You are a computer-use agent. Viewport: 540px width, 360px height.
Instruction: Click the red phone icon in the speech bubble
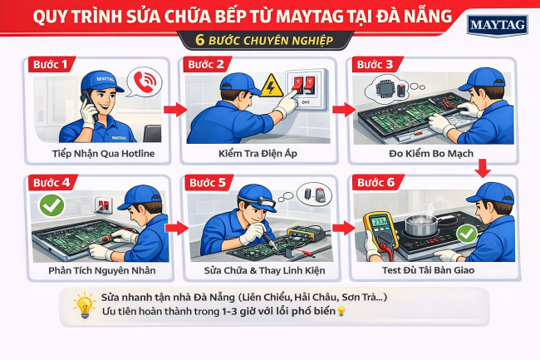coord(143,81)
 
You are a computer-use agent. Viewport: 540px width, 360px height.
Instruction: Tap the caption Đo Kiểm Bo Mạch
coord(425,155)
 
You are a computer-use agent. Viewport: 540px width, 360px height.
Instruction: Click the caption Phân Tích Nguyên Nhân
coord(92,270)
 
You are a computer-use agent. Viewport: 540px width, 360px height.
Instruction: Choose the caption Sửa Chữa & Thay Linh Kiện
coord(258,270)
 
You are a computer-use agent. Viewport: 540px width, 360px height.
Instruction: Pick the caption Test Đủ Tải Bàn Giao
coord(425,270)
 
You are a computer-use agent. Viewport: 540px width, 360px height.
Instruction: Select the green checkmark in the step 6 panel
coord(467,234)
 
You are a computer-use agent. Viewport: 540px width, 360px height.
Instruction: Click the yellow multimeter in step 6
coord(380,233)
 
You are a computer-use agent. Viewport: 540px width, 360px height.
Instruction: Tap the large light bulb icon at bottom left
coord(82,306)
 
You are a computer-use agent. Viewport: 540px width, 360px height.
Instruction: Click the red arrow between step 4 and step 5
coord(173,225)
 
